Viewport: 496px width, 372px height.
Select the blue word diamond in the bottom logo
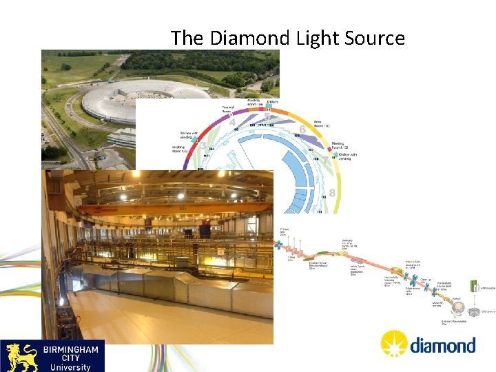[x=442, y=344]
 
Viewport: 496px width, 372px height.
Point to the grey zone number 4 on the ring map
[x=232, y=122]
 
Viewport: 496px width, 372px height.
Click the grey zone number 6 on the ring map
[x=302, y=129]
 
